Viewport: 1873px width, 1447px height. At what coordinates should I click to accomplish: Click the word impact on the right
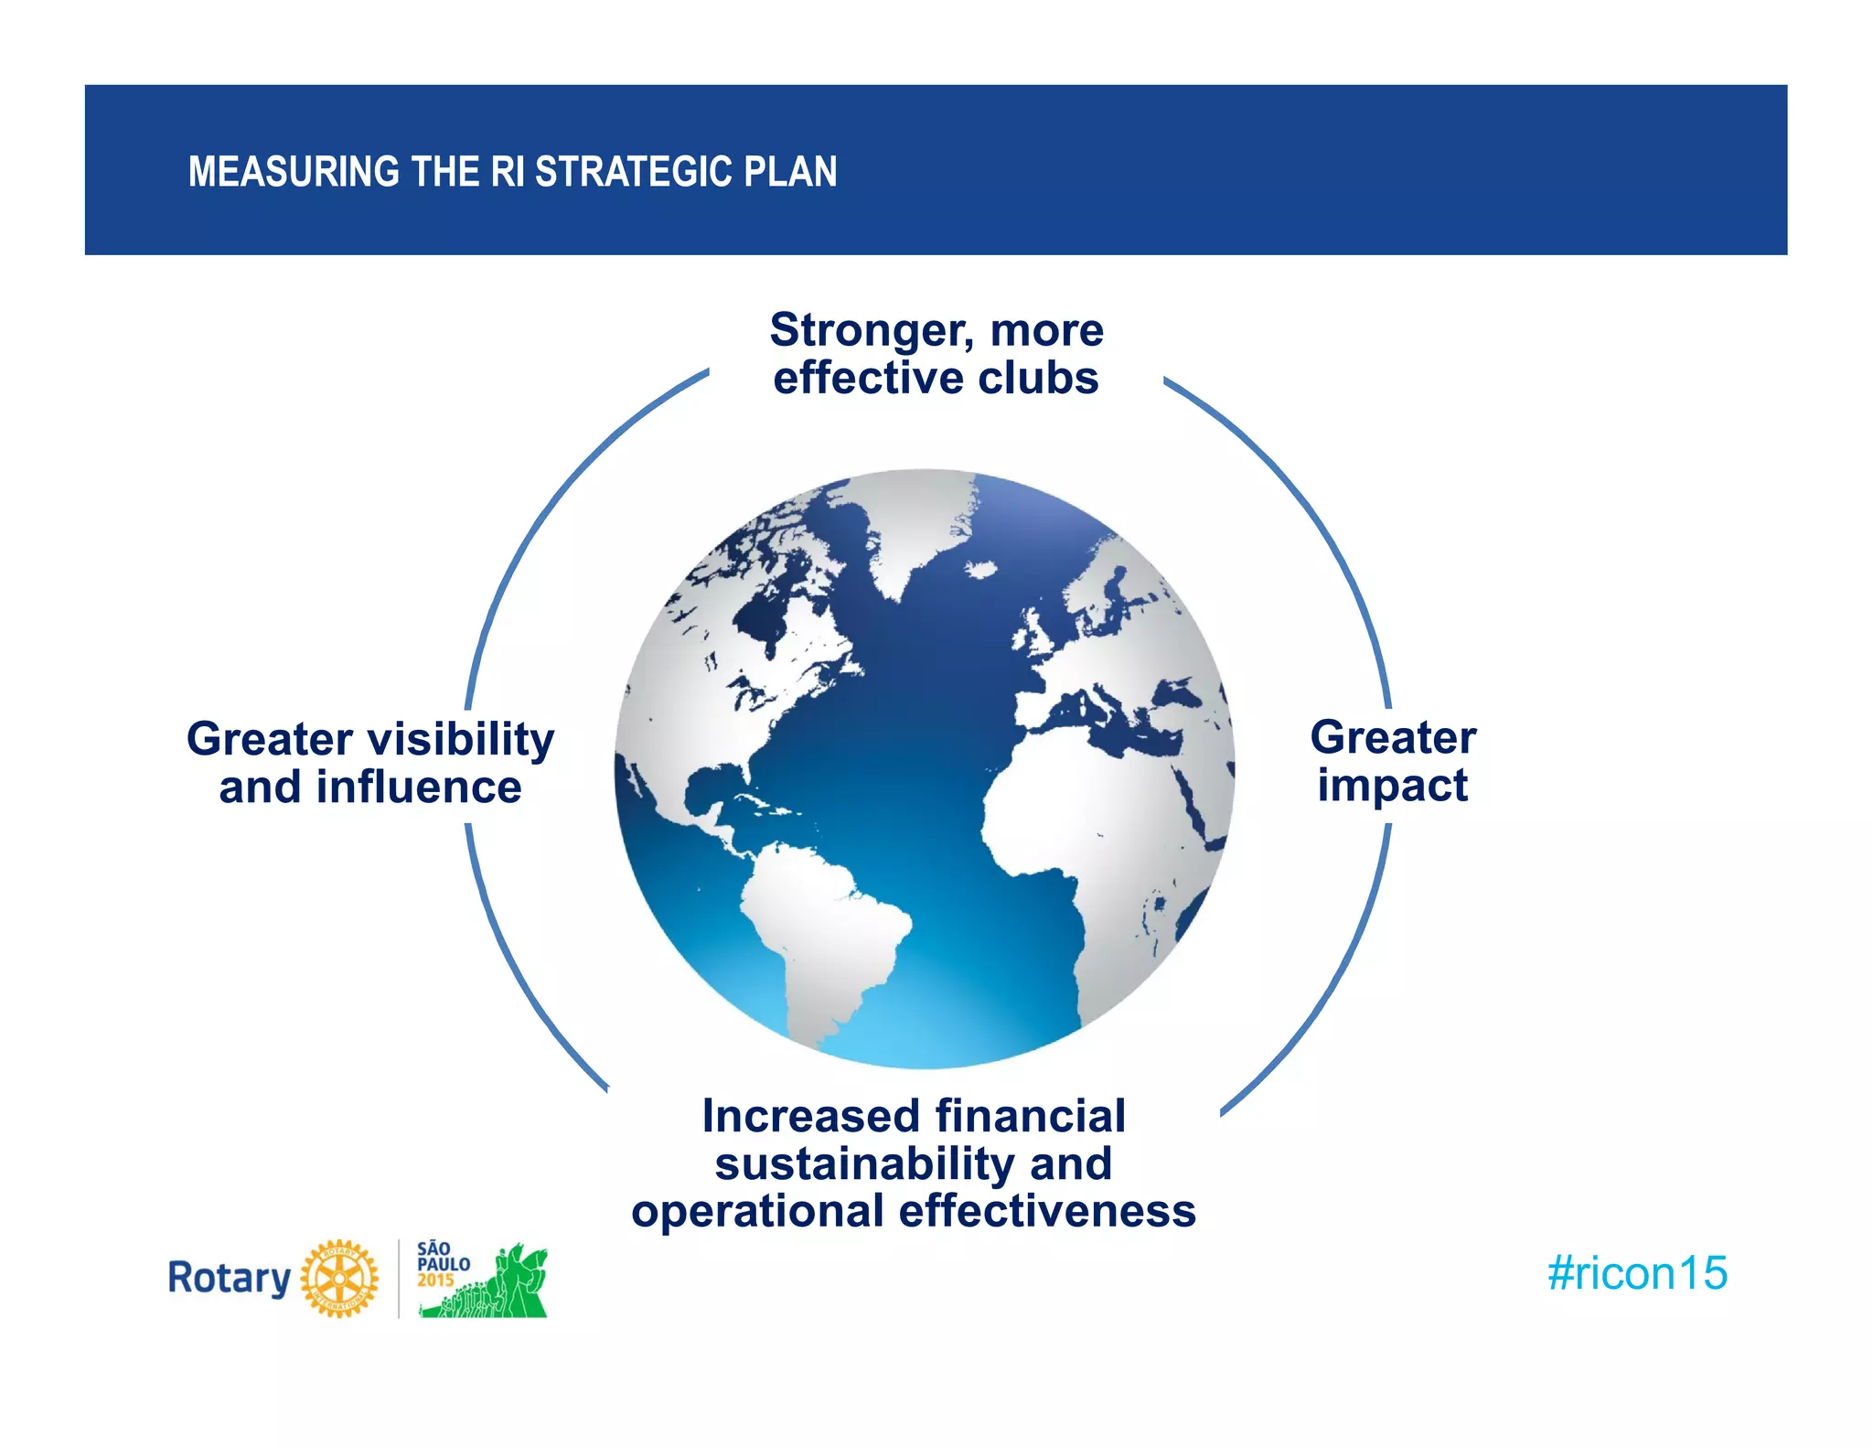click(x=1392, y=786)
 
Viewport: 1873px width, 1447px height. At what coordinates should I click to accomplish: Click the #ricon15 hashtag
click(x=1636, y=1273)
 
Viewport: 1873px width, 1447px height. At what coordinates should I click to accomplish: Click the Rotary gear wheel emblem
click(x=339, y=1279)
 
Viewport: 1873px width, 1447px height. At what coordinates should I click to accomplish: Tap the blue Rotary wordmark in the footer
click(x=229, y=1279)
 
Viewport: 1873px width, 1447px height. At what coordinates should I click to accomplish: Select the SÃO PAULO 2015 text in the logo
click(x=443, y=1264)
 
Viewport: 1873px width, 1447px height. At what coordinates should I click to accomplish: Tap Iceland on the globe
click(x=980, y=570)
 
